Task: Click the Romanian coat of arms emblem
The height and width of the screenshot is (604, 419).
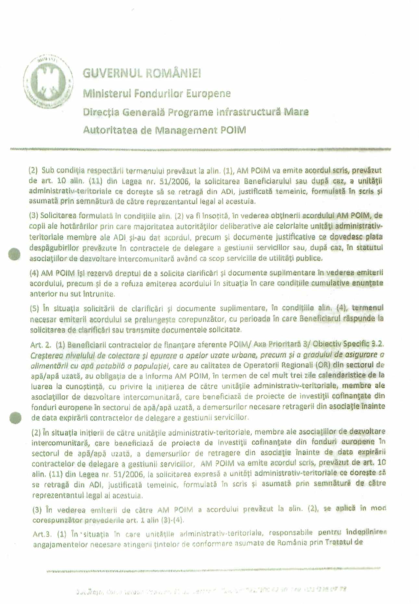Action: pos(48,81)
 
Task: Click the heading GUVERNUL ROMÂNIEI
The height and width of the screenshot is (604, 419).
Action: pos(142,73)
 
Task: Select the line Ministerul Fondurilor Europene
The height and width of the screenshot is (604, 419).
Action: pos(157,94)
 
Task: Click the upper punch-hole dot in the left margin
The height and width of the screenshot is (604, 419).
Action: pos(14,254)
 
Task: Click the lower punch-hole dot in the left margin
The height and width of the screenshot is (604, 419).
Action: pos(15,417)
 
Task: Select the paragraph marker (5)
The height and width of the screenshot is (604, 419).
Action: pos(34,308)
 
